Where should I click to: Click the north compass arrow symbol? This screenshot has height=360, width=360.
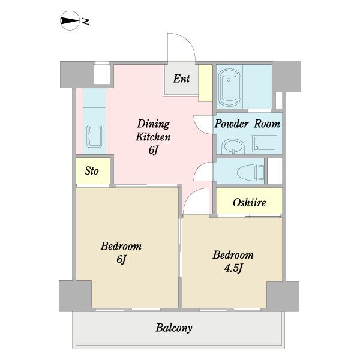tap(70, 20)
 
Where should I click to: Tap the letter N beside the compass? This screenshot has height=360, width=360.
tap(85, 22)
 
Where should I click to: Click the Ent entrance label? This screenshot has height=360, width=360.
tap(181, 79)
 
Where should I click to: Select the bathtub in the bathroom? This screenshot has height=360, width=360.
tap(229, 88)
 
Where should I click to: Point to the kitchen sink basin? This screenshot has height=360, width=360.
tap(94, 136)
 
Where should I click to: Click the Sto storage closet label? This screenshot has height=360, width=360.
tap(91, 171)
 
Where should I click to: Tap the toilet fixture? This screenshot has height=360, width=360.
tap(251, 172)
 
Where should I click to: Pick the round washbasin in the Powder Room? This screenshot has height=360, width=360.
tap(233, 146)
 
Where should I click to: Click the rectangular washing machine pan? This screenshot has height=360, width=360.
tap(265, 144)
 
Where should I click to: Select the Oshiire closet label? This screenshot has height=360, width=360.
tap(250, 203)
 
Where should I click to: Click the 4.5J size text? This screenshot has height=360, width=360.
tap(233, 268)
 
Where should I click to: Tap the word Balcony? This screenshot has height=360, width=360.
tap(174, 328)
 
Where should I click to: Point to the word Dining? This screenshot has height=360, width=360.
tap(154, 124)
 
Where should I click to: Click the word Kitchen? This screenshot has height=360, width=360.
tap(153, 137)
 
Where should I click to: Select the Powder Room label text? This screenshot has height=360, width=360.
tap(247, 124)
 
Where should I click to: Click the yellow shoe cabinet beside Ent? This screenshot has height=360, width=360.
tap(205, 83)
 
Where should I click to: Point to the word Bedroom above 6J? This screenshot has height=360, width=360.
tap(121, 246)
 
